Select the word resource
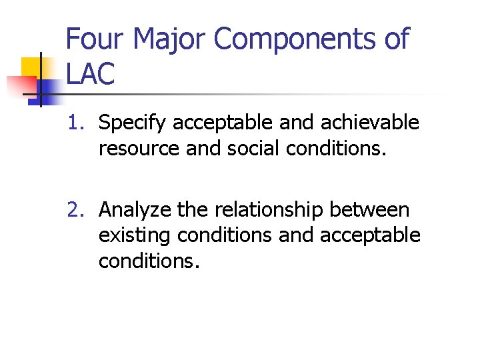click(x=139, y=149)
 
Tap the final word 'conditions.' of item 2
click(x=149, y=261)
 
